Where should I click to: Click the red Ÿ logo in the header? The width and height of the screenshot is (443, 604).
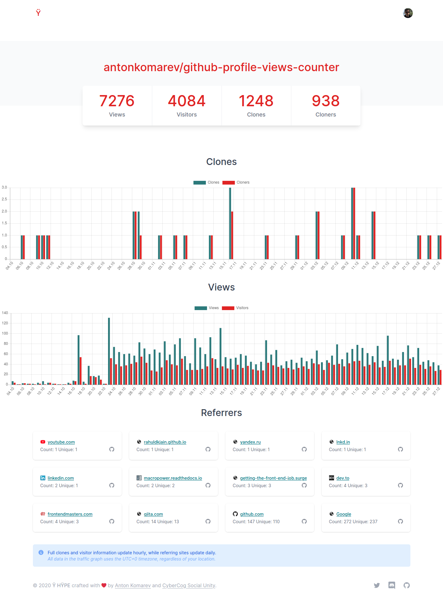tap(38, 12)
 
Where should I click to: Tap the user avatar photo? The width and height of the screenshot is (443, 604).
tap(408, 13)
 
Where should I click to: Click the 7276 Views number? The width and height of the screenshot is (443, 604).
tap(117, 101)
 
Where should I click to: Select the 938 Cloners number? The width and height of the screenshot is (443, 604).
tap(326, 101)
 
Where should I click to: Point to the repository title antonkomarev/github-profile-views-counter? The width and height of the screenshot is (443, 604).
tap(221, 67)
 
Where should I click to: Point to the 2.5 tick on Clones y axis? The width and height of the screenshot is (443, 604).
tap(4, 199)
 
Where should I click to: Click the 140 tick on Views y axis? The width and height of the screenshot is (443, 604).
tap(5, 313)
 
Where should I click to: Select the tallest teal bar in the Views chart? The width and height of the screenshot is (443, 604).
tap(109, 351)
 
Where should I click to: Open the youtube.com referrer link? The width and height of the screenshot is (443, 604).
tap(61, 442)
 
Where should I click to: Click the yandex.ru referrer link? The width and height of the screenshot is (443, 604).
tap(250, 442)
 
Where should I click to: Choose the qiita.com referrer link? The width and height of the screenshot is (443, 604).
tap(153, 514)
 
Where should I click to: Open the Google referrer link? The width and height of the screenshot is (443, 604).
tap(344, 514)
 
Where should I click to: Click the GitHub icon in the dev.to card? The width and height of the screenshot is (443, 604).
tap(400, 485)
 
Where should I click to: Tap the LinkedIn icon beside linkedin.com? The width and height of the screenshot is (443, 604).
tap(43, 478)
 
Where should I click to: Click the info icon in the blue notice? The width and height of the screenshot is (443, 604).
tap(41, 552)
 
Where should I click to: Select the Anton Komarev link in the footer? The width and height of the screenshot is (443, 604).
tap(133, 585)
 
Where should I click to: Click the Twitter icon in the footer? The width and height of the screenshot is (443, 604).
tap(377, 585)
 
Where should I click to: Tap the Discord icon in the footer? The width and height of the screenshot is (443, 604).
tap(392, 585)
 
